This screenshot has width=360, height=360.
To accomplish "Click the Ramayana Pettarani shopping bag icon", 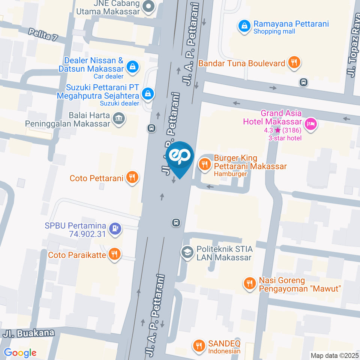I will click(x=244, y=26).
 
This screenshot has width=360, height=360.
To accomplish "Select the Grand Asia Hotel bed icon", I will click(x=310, y=124).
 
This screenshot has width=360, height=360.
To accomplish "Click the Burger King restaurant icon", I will click(x=205, y=164).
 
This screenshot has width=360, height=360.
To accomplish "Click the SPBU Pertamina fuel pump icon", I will click(x=115, y=228).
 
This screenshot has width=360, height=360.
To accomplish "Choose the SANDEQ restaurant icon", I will click(x=198, y=345).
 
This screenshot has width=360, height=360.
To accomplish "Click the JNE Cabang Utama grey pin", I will click(x=149, y=7).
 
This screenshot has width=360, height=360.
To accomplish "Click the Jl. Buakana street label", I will click(x=29, y=333).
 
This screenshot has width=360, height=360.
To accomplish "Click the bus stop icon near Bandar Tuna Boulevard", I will click(x=304, y=82).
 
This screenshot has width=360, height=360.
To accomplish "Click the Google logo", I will click(x=20, y=352).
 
